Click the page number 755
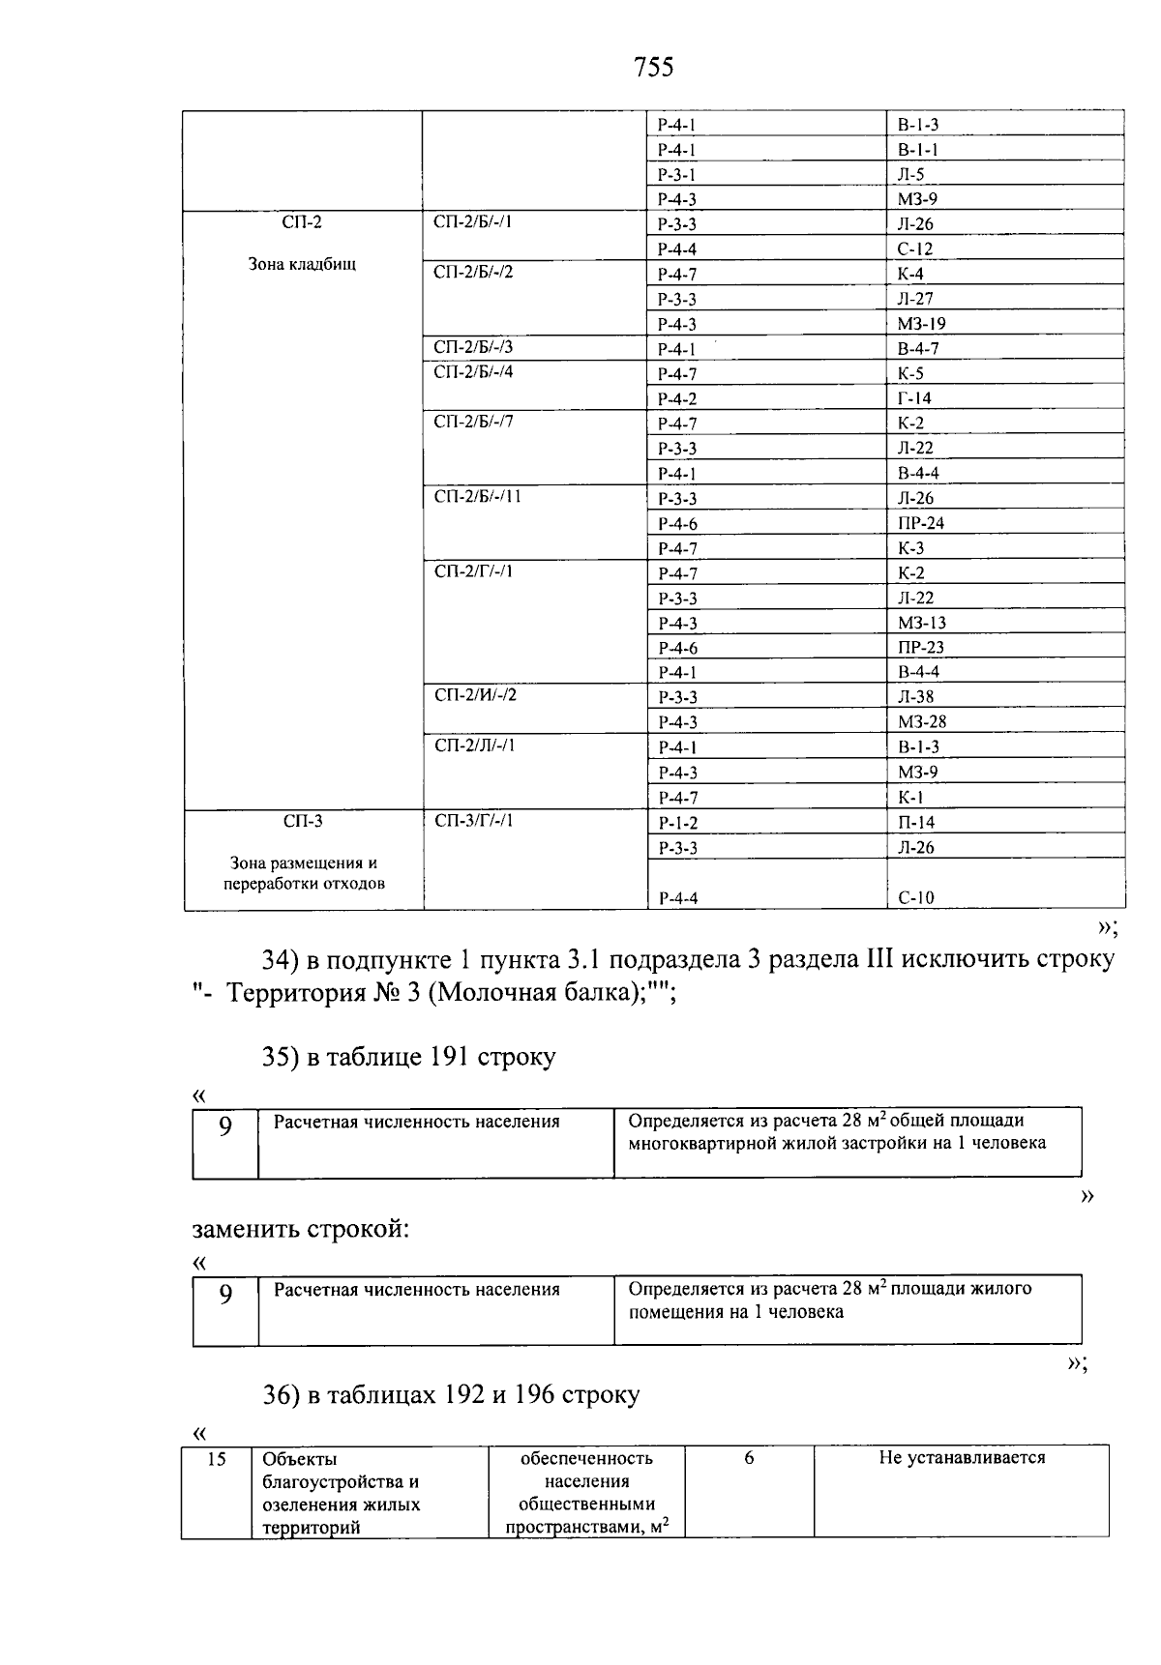click(653, 67)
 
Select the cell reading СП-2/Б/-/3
click(473, 348)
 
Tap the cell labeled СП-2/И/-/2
click(474, 696)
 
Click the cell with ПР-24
click(920, 523)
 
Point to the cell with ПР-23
click(920, 648)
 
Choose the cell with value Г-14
click(914, 398)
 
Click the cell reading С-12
click(914, 248)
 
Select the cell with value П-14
click(915, 823)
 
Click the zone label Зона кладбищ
click(302, 264)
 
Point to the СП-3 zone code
click(302, 822)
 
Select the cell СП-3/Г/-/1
click(473, 822)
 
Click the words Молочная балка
click(541, 993)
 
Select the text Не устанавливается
click(961, 1458)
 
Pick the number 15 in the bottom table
click(216, 1459)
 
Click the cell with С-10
click(915, 897)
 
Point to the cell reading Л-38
click(915, 697)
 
